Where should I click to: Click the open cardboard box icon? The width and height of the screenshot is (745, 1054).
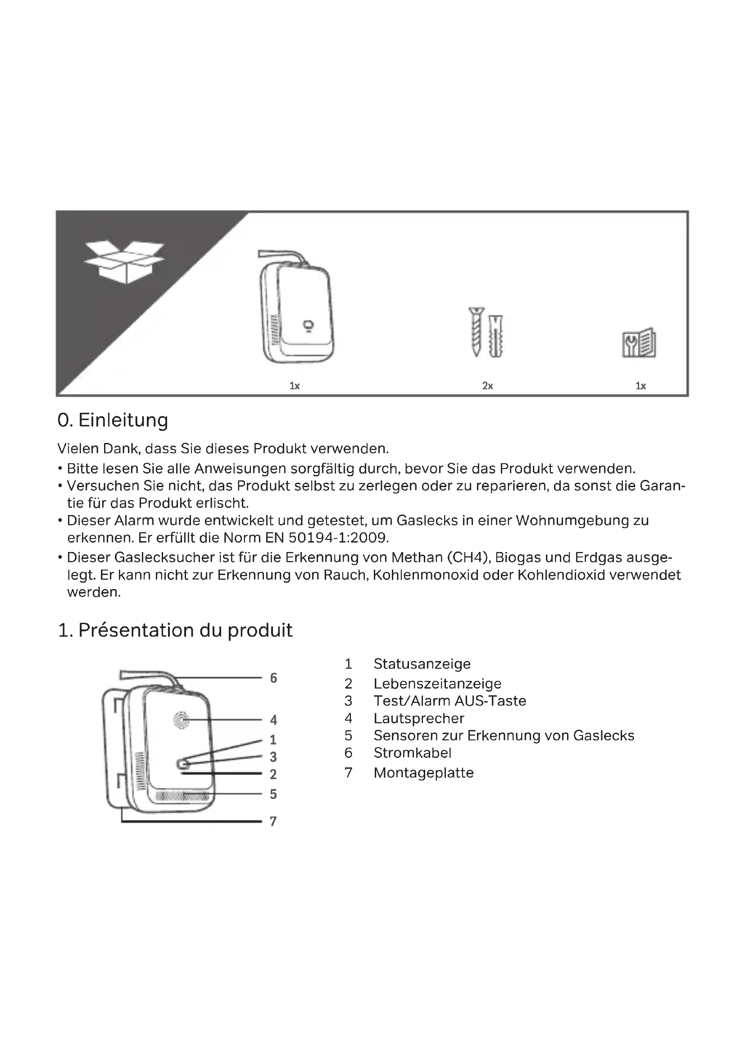pyautogui.click(x=124, y=261)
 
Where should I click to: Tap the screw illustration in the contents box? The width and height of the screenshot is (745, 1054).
pyautogui.click(x=476, y=331)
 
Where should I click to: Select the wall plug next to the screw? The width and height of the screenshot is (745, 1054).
pyautogui.click(x=496, y=336)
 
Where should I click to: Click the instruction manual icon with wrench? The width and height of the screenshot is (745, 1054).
pyautogui.click(x=639, y=343)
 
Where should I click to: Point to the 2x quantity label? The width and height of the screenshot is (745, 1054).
pyautogui.click(x=487, y=386)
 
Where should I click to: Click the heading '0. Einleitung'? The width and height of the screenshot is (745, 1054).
pyautogui.click(x=113, y=420)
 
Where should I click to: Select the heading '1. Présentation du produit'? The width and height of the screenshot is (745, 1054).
pyautogui.click(x=175, y=630)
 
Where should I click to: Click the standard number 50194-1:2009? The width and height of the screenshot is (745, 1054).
pyautogui.click(x=339, y=538)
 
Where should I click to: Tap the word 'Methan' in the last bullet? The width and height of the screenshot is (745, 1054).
pyautogui.click(x=417, y=558)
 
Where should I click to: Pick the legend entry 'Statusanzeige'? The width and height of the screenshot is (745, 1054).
pyautogui.click(x=422, y=664)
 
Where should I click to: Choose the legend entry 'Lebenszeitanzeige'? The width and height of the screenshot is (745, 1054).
pyautogui.click(x=437, y=684)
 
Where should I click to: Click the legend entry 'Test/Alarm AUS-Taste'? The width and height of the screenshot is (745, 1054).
pyautogui.click(x=450, y=701)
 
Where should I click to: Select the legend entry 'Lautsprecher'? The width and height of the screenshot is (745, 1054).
pyautogui.click(x=418, y=718)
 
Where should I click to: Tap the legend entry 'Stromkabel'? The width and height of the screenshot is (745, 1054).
pyautogui.click(x=412, y=753)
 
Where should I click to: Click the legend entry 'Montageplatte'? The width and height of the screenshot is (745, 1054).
pyautogui.click(x=423, y=773)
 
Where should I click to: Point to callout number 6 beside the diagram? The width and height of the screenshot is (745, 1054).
pyautogui.click(x=273, y=678)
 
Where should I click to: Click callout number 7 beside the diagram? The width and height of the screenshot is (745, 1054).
pyautogui.click(x=273, y=821)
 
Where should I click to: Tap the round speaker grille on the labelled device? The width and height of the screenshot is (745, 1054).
pyautogui.click(x=181, y=720)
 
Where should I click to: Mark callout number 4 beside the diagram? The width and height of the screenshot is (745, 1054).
pyautogui.click(x=273, y=720)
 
